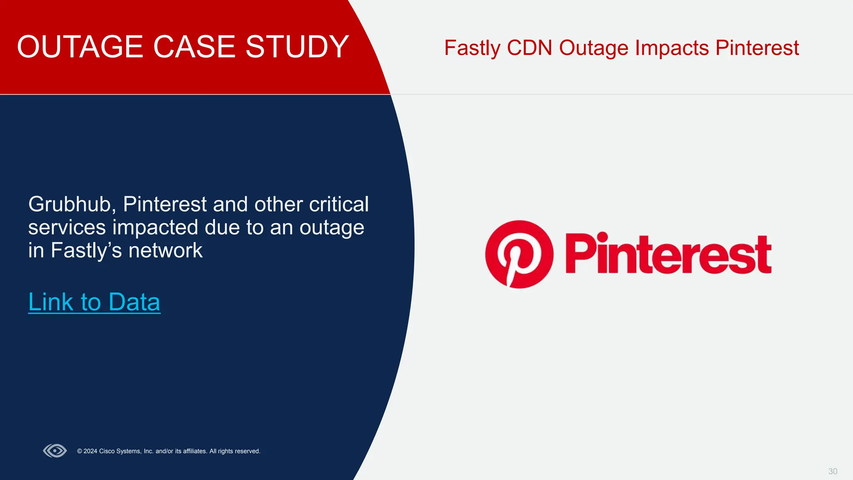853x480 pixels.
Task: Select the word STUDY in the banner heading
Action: pyautogui.click(x=297, y=47)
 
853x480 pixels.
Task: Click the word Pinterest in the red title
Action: pyautogui.click(x=757, y=48)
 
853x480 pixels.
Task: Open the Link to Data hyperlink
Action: pyautogui.click(x=94, y=302)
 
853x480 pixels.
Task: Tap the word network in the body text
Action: pyautogui.click(x=165, y=250)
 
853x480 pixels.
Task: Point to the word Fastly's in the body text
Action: pyautogui.click(x=86, y=251)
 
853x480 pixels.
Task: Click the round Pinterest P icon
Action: pyautogui.click(x=519, y=254)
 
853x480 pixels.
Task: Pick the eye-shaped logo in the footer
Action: pyautogui.click(x=55, y=451)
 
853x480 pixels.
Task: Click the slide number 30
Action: pyautogui.click(x=832, y=471)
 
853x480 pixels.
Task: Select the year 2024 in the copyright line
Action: pyautogui.click(x=90, y=451)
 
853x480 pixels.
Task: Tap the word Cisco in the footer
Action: pyautogui.click(x=107, y=451)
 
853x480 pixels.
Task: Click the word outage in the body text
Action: pyautogui.click(x=332, y=227)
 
